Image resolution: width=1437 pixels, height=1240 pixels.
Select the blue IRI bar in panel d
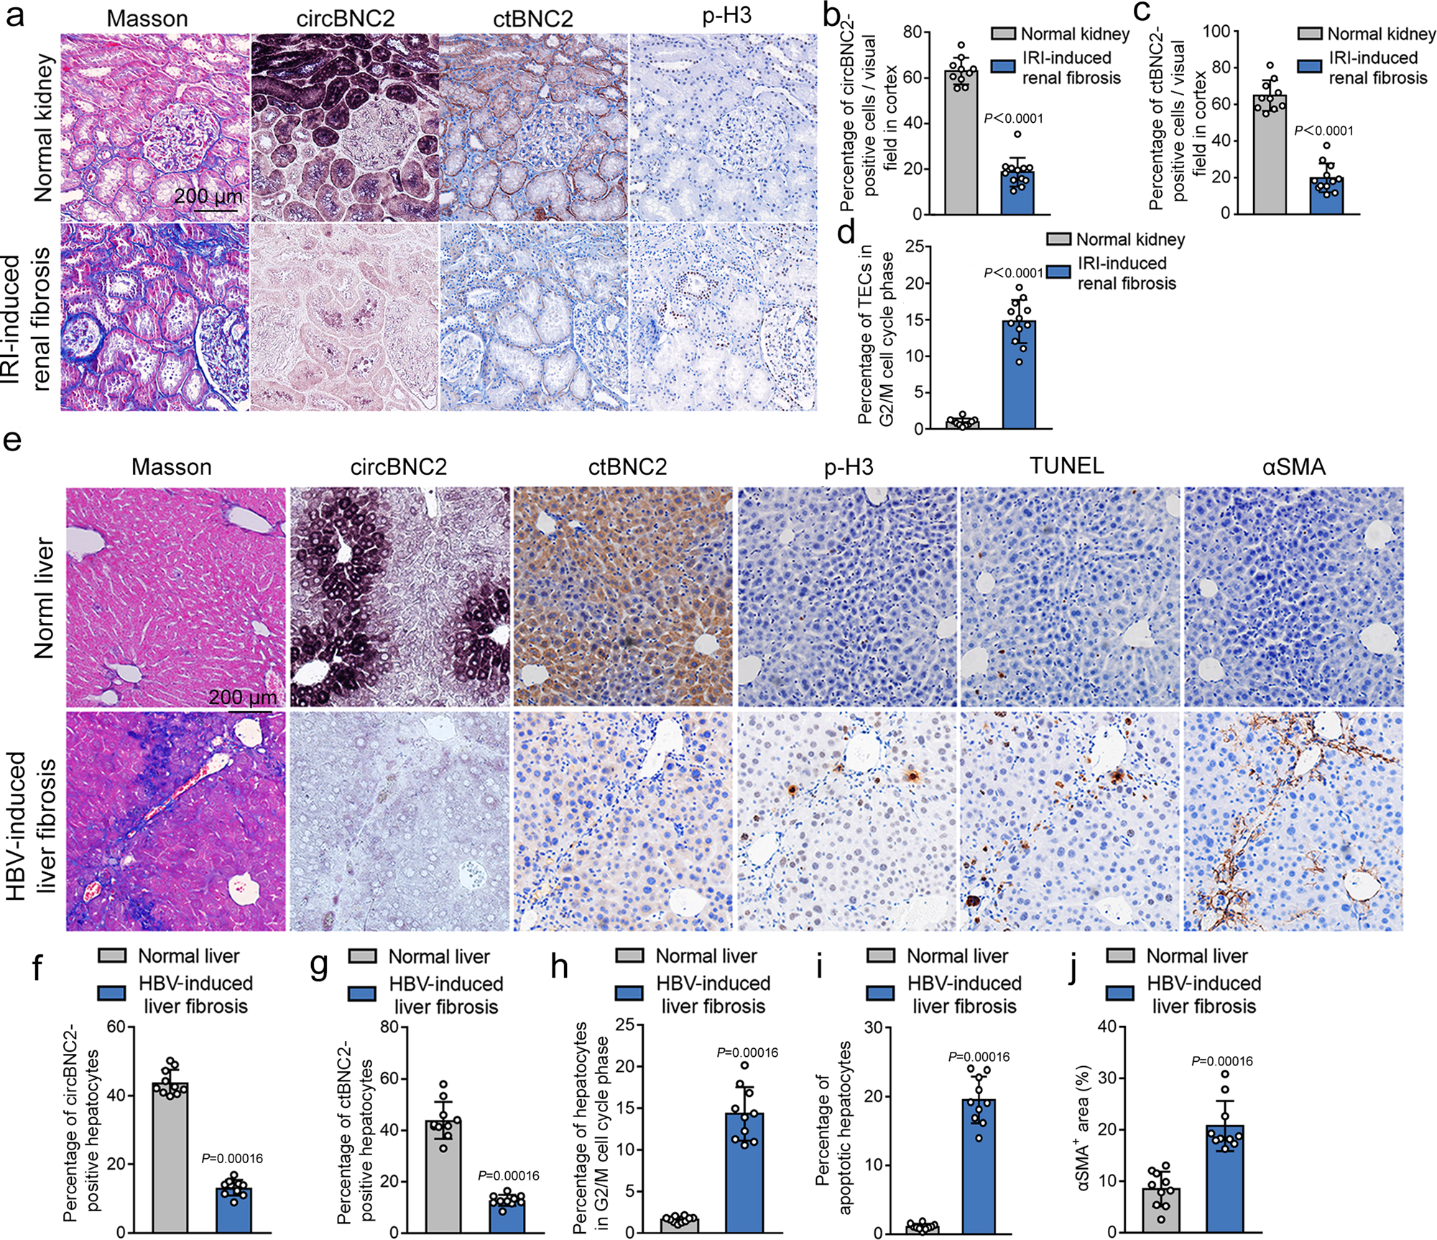click(1019, 374)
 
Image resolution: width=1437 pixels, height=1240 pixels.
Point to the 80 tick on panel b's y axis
click(912, 32)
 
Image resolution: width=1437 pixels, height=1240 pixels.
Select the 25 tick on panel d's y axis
click(914, 246)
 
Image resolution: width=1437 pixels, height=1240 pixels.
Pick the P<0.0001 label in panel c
click(1323, 131)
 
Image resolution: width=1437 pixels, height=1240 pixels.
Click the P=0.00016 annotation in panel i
click(979, 1057)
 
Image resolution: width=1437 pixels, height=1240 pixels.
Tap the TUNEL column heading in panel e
click(1066, 466)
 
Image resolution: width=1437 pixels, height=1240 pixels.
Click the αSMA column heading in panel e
click(1293, 467)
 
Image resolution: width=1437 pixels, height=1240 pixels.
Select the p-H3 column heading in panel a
click(726, 16)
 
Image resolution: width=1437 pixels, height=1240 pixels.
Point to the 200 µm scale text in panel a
click(208, 195)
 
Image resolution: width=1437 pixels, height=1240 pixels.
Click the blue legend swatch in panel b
click(1003, 67)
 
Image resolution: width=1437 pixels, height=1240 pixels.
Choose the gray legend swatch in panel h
click(630, 956)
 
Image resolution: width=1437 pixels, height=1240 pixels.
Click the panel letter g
click(318, 967)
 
